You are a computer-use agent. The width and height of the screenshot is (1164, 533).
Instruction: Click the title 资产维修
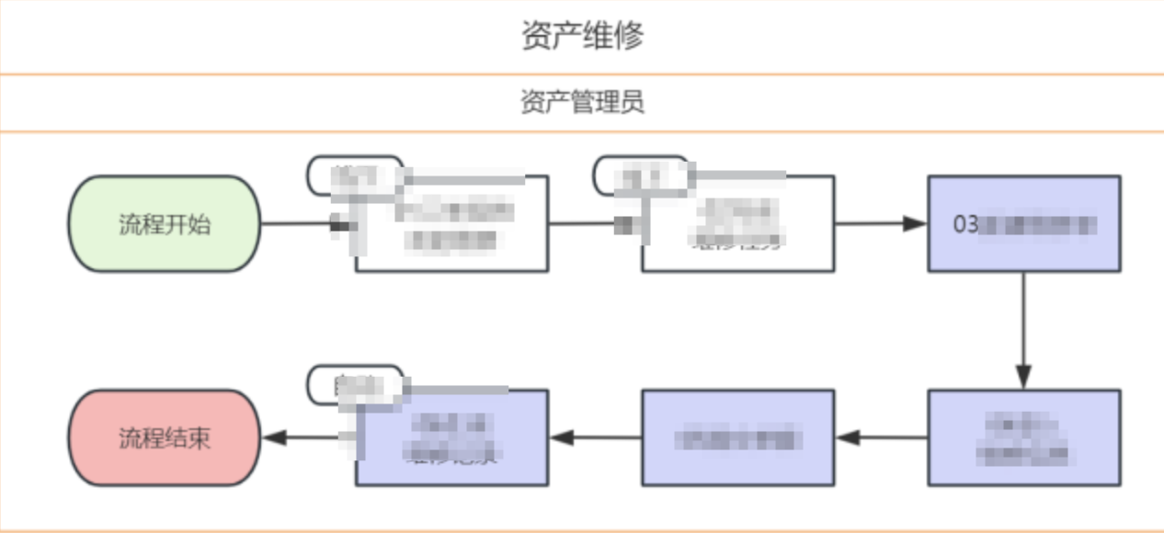coord(582,36)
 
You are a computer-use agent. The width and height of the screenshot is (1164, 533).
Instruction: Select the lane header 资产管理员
coord(582,102)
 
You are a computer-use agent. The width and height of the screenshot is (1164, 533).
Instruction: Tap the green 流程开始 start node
coord(165,224)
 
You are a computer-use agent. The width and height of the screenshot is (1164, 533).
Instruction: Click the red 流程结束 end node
coord(165,437)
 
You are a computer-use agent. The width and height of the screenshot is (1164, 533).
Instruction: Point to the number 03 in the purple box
coord(965,224)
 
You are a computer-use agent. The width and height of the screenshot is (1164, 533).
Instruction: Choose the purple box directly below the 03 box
coord(1023,437)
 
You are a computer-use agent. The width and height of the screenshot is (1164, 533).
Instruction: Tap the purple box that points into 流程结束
coord(451,437)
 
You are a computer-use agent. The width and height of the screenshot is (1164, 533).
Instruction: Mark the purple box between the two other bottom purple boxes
coord(737,437)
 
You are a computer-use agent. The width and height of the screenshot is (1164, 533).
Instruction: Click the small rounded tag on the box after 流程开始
coord(355,175)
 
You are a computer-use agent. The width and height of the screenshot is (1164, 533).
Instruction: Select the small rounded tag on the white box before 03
coord(641,175)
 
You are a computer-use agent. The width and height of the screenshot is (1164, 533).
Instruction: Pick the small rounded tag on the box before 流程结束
coord(355,385)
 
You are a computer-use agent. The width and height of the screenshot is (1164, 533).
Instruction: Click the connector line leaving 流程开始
coord(294,224)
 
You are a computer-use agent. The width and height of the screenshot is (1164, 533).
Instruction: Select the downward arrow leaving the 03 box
coord(1023,331)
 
